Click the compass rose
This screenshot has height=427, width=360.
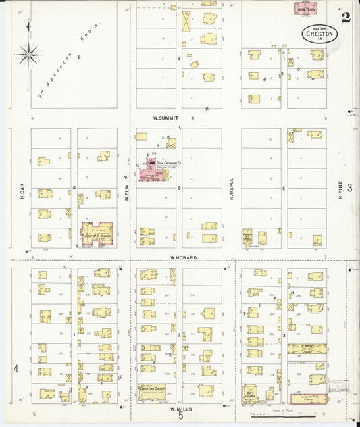pyautogui.click(x=28, y=54)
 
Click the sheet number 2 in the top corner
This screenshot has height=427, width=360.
pyautogui.click(x=345, y=17)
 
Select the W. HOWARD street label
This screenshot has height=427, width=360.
pyautogui.click(x=182, y=257)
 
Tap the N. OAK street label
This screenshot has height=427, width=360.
pyautogui.click(x=22, y=192)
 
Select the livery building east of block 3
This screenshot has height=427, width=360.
pyautogui.click(x=307, y=349)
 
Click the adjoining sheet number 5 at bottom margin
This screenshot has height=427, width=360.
pyautogui.click(x=180, y=418)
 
